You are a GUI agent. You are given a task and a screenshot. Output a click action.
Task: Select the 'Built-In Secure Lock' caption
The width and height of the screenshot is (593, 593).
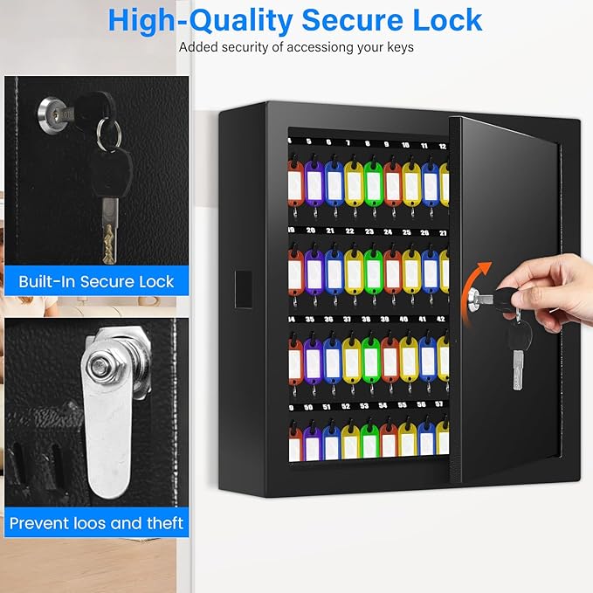96,282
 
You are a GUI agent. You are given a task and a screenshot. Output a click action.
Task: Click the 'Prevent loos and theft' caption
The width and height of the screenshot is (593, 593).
96,523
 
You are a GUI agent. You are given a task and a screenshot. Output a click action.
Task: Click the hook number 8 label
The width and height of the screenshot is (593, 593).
367,143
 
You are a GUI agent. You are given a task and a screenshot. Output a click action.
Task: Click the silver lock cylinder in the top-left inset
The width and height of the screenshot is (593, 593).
49,112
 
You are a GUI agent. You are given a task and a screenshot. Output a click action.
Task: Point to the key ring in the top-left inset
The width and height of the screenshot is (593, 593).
109,134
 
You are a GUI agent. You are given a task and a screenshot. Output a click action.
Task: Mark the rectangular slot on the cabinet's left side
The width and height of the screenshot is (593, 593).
243,289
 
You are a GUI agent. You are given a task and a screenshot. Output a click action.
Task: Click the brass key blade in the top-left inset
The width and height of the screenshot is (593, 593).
109,231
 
